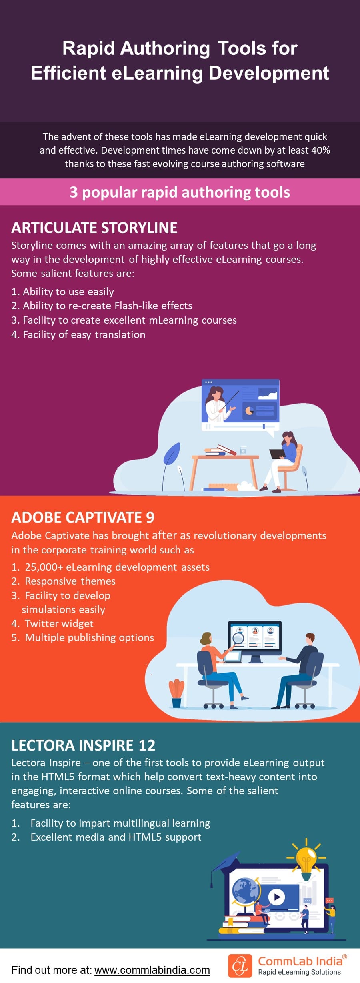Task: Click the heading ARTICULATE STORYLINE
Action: point(94,228)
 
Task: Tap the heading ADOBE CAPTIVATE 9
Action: point(83,517)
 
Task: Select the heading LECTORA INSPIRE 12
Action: point(83,745)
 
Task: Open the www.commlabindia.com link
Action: point(152,970)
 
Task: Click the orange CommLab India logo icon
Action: point(240,966)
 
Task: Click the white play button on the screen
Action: point(276,897)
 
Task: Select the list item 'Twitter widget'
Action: point(59,623)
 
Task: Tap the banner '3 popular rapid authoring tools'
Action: point(180,192)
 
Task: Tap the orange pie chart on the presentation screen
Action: point(249,410)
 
